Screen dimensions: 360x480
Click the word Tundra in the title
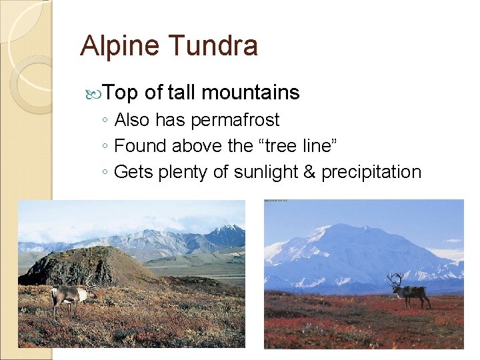click(213, 47)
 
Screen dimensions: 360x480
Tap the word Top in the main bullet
click(121, 93)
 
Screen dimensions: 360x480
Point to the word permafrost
click(235, 121)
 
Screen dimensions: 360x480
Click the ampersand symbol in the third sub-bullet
click(310, 172)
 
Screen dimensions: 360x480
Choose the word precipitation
click(371, 172)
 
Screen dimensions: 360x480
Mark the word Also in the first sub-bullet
click(133, 121)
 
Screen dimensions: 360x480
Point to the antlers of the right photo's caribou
click(396, 279)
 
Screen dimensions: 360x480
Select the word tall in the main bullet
click(181, 93)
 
